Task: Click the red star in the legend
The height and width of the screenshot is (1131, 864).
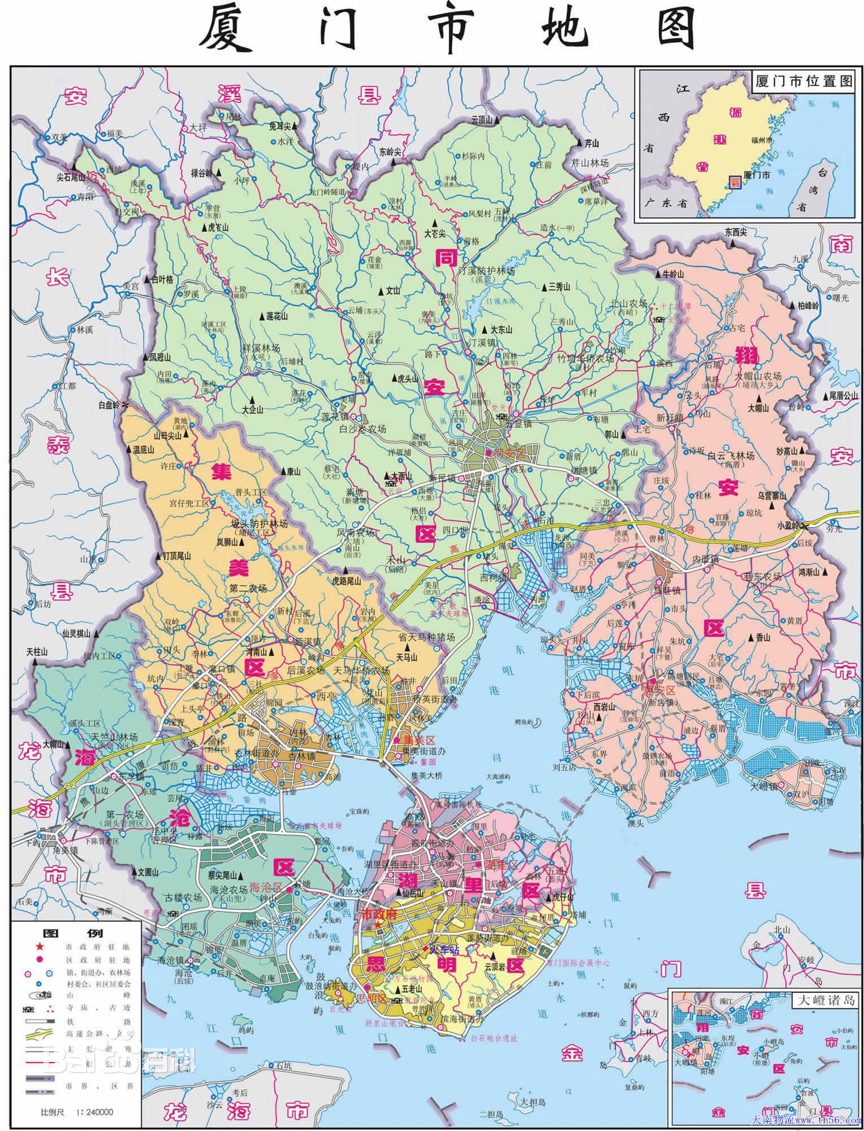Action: coord(39,947)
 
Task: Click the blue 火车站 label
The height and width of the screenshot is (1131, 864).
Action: coord(443,950)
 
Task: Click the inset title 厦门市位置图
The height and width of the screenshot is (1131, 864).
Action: coord(803,81)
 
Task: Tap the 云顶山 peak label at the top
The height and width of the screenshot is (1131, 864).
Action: coord(482,119)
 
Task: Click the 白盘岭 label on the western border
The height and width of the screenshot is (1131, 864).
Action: coord(109,405)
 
